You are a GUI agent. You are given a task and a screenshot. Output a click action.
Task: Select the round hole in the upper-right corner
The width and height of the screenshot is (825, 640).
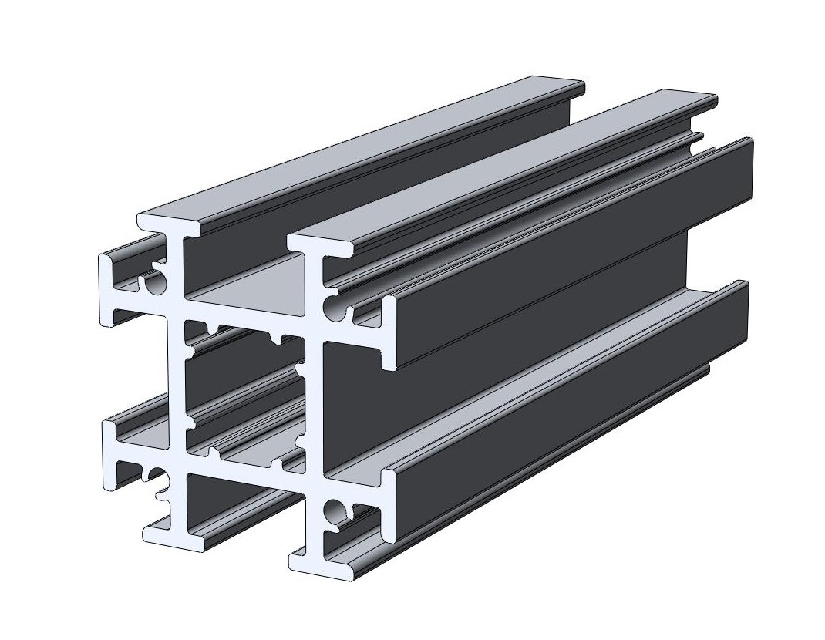(335, 308)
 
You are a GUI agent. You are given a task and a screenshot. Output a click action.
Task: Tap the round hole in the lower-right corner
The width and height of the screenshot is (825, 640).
(335, 510)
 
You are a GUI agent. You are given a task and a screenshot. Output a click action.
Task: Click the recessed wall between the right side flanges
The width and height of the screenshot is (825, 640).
(501, 347)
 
